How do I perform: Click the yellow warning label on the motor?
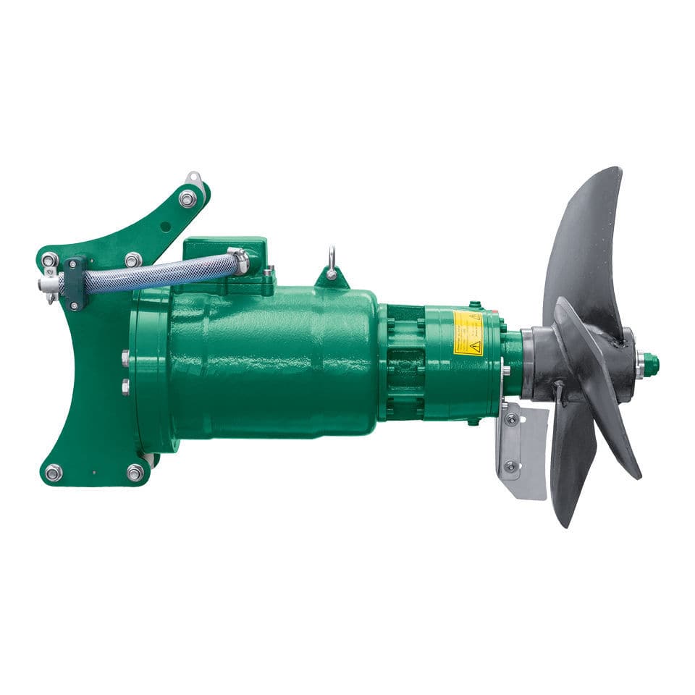(x=467, y=333)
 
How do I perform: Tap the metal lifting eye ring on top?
(x=331, y=261)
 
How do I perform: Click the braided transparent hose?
(x=159, y=273)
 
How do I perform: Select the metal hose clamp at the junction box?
(x=238, y=260)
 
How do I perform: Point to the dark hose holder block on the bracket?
(x=75, y=282)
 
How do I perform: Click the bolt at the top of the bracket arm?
(x=188, y=198)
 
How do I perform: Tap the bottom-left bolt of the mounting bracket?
(x=53, y=473)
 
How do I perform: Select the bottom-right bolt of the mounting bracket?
(x=135, y=473)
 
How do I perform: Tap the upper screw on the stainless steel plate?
(x=512, y=418)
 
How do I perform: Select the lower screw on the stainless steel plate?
(x=512, y=466)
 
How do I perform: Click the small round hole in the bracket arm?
(x=166, y=226)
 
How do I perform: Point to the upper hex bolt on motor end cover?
(x=125, y=357)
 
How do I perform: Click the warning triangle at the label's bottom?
(x=474, y=347)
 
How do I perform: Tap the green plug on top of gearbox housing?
(x=474, y=306)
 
